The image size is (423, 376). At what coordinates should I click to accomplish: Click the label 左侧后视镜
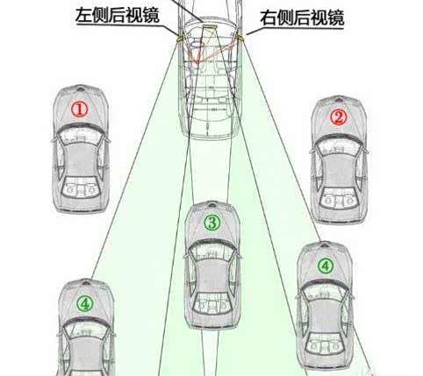click(118, 15)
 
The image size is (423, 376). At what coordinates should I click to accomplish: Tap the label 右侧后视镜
click(302, 18)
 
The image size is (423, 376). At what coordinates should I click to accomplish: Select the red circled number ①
click(80, 110)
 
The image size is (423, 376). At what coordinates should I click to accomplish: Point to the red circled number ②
click(338, 117)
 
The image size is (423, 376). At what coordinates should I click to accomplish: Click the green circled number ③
click(212, 223)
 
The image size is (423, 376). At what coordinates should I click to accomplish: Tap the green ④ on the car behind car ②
click(326, 266)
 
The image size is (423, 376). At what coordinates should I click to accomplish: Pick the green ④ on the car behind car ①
click(85, 304)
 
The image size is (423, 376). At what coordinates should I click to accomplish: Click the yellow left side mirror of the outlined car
click(180, 38)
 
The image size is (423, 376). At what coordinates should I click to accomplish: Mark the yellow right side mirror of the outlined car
click(240, 37)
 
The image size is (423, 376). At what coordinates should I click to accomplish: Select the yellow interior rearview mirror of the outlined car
click(210, 27)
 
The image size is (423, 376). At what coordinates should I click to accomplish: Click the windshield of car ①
click(80, 130)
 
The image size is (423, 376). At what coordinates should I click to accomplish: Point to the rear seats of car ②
click(339, 199)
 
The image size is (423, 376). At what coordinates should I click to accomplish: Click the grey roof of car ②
click(339, 170)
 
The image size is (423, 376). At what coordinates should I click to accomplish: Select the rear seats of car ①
click(81, 188)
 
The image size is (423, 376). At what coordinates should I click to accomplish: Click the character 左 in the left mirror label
click(84, 15)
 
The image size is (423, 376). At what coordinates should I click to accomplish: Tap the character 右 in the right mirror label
click(269, 18)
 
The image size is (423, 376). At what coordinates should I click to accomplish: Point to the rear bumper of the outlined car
click(211, 135)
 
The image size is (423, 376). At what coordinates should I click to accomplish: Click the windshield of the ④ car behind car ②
click(326, 287)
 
